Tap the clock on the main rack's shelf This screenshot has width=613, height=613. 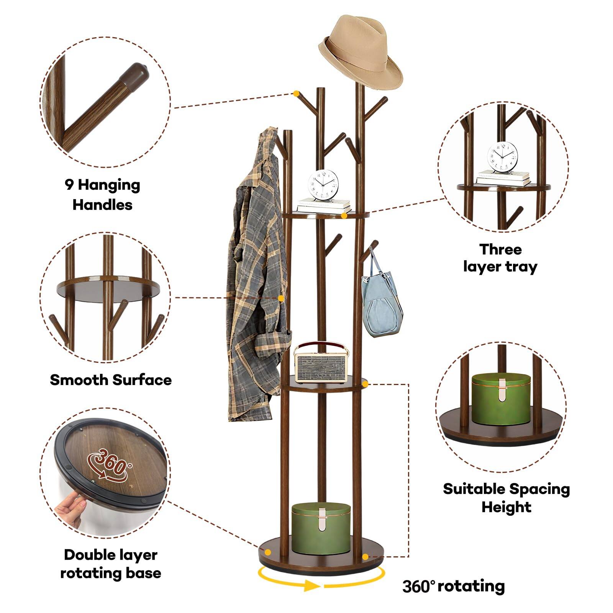tap(324, 184)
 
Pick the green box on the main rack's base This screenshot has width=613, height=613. tap(321, 528)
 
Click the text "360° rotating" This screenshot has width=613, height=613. tap(453, 586)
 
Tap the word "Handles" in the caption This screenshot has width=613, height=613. tap(102, 205)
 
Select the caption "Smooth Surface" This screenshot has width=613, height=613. tap(111, 380)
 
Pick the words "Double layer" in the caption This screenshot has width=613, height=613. tap(111, 555)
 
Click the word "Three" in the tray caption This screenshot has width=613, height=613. tap(500, 249)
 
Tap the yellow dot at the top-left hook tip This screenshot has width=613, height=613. tap(296, 93)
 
